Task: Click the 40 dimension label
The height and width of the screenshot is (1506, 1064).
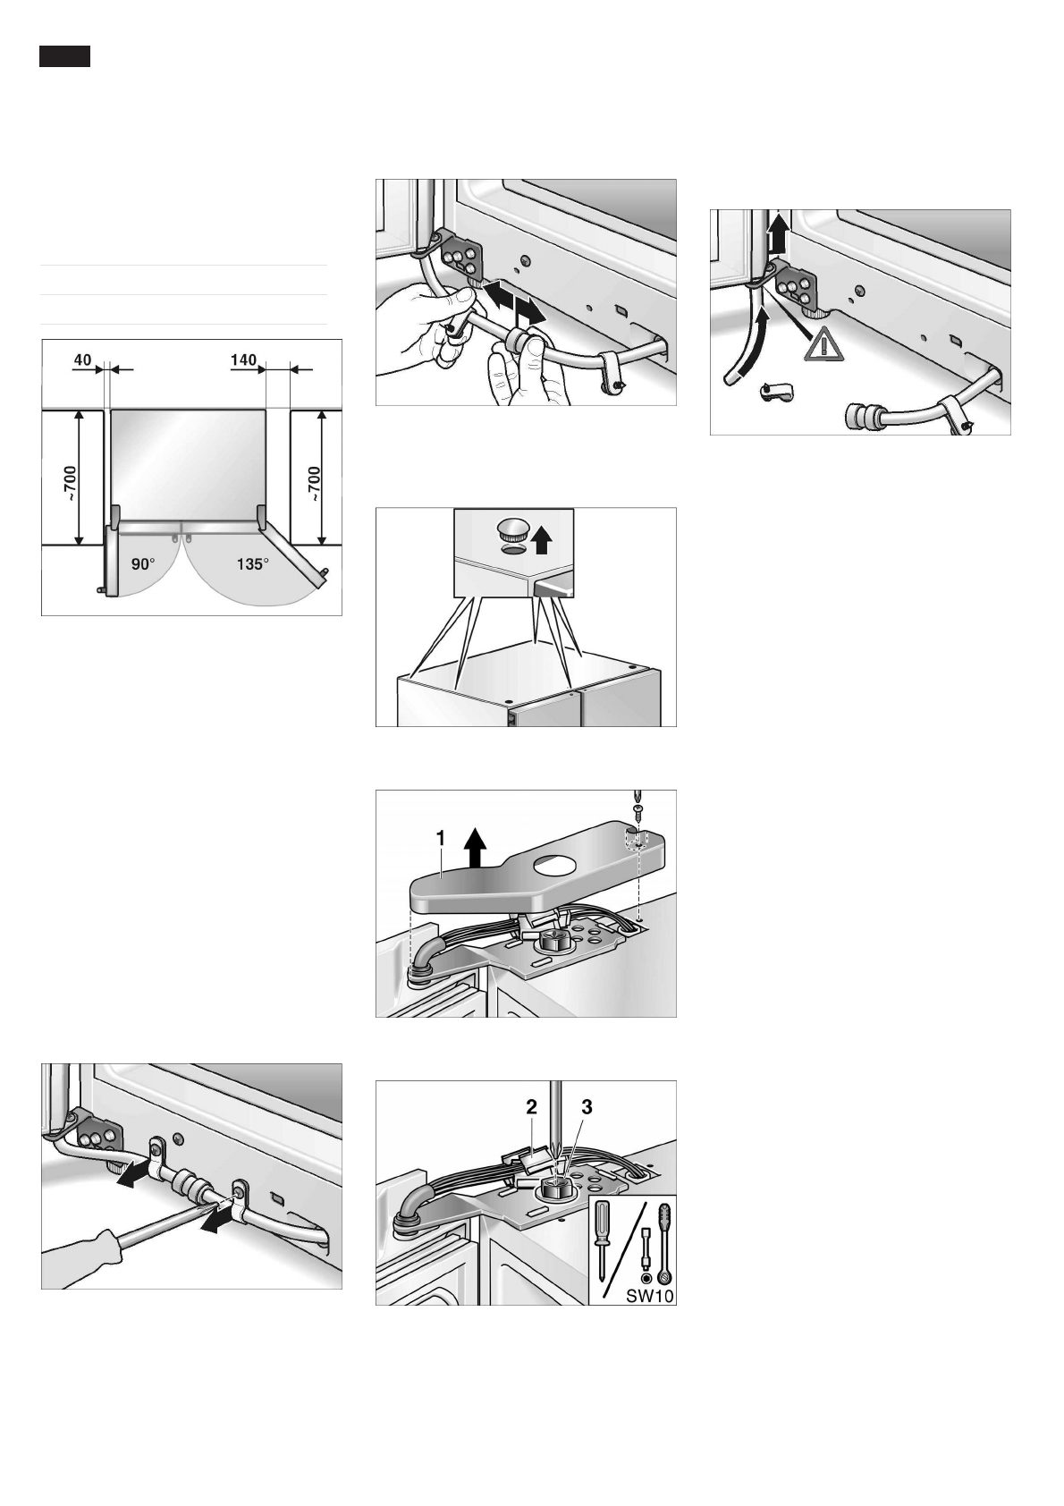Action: point(82,360)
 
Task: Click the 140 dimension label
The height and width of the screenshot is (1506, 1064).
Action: point(243,360)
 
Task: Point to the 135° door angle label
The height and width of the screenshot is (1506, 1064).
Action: point(252,564)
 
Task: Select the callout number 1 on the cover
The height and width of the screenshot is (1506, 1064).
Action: point(441,837)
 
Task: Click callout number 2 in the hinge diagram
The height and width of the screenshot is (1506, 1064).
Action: point(531,1106)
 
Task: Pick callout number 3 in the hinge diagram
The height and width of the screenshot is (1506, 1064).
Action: point(587,1106)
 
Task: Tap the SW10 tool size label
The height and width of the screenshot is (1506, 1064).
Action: point(643,1296)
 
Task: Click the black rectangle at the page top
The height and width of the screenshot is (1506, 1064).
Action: point(64,56)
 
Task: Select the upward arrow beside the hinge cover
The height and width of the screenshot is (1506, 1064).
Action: point(475,846)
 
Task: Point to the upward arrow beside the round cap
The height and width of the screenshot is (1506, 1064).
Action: point(541,540)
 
